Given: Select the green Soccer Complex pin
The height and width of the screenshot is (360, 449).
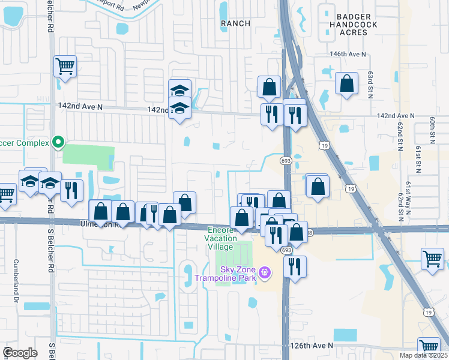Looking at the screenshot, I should click(x=58, y=143).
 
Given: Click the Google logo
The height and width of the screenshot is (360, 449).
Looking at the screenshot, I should click(x=20, y=353).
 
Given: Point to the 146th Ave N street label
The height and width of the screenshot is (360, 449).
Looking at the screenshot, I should click(x=348, y=54).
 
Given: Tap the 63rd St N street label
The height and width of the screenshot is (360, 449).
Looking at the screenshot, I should click(x=371, y=82).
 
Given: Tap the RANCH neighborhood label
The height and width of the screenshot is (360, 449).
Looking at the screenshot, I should click(x=235, y=23).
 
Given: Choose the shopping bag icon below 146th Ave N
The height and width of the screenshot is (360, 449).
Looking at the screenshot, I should click(x=347, y=84).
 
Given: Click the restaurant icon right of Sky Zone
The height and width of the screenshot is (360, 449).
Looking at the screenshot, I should click(x=295, y=266).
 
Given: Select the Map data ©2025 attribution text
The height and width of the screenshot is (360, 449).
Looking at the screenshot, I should click(x=424, y=355).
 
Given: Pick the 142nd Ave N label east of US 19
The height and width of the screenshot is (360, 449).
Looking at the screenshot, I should click(x=395, y=115).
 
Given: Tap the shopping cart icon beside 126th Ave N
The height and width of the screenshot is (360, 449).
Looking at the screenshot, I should click(x=429, y=347).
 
